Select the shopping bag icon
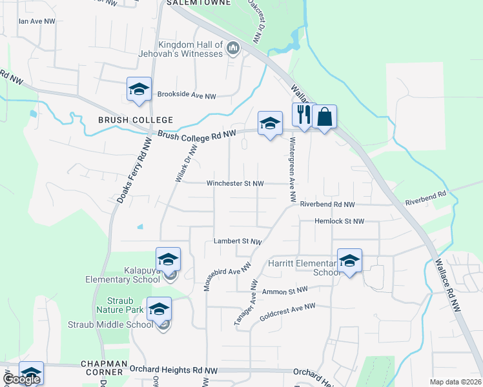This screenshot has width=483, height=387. (x=325, y=117)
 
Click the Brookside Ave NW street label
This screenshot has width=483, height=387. (x=187, y=95)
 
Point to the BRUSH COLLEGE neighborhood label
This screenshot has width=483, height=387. (x=136, y=120)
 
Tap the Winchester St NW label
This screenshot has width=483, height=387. (x=235, y=183)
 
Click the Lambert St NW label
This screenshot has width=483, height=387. (x=238, y=241)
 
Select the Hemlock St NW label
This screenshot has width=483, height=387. (x=339, y=221)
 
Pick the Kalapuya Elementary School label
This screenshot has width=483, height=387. (x=123, y=275)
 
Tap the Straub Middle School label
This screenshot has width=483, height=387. (x=110, y=324)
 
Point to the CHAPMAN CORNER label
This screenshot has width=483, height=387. (x=102, y=368)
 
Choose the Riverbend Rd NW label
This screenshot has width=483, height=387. (x=327, y=204)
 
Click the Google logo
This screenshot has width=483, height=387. (x=21, y=380)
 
